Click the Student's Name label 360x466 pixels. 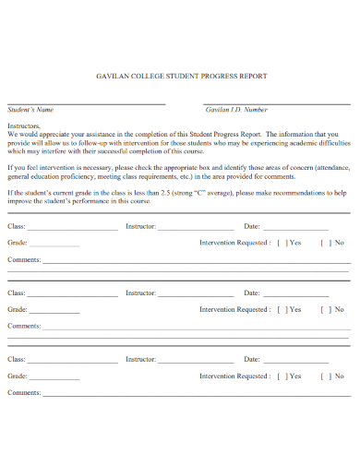(x=30, y=109)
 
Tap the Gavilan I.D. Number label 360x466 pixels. (x=236, y=109)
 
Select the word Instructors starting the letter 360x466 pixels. (x=25, y=124)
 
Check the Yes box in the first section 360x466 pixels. (x=282, y=243)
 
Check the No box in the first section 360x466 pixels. (x=324, y=243)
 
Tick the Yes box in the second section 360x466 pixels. (x=282, y=310)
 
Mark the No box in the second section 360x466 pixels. (x=324, y=310)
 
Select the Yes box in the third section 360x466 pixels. (x=282, y=376)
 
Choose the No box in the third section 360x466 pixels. (x=324, y=376)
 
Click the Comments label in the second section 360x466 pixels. (x=24, y=326)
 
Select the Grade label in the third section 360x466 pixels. (x=17, y=376)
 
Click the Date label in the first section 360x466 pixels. (x=251, y=226)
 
